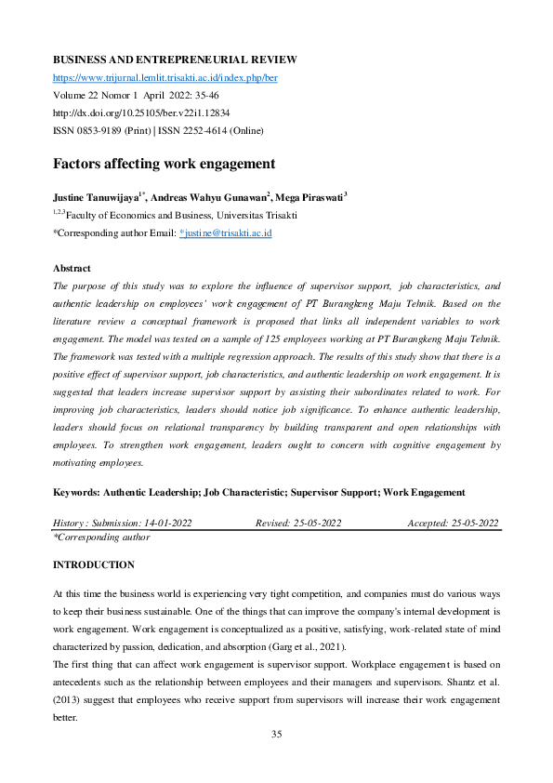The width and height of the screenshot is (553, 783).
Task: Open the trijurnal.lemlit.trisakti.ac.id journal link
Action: [165, 77]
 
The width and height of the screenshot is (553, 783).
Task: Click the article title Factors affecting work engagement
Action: [164, 164]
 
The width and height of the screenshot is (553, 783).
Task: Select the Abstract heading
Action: [72, 268]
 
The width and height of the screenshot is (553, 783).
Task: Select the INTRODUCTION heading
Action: [93, 564]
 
